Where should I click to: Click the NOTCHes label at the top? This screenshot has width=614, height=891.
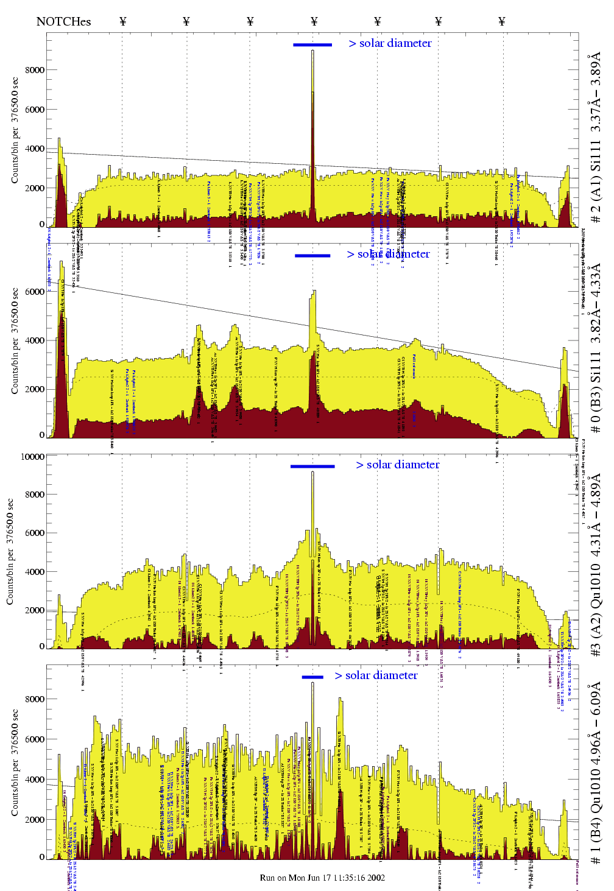pyautogui.click(x=63, y=22)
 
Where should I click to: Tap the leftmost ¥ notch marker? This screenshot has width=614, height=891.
pyautogui.click(x=123, y=22)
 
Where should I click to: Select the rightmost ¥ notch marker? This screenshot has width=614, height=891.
pyautogui.click(x=502, y=22)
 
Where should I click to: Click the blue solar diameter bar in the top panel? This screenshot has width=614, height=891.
pyautogui.click(x=312, y=44)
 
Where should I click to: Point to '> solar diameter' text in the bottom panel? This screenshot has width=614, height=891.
pyautogui.click(x=376, y=675)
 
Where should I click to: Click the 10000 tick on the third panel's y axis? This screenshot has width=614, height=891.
pyautogui.click(x=33, y=457)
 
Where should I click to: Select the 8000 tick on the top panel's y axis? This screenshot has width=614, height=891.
pyautogui.click(x=35, y=70)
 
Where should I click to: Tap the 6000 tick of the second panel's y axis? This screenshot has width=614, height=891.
pyautogui.click(x=35, y=292)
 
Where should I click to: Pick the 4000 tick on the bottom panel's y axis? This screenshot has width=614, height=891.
pyautogui.click(x=35, y=780)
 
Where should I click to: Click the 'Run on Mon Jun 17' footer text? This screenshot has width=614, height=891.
pyautogui.click(x=322, y=878)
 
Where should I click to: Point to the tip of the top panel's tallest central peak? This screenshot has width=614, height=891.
pyautogui.click(x=312, y=51)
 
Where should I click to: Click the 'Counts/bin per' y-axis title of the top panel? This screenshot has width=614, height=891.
pyautogui.click(x=15, y=131)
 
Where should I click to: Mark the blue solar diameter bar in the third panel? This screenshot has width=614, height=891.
pyautogui.click(x=312, y=467)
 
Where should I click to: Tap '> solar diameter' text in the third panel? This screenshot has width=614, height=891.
pyautogui.click(x=398, y=465)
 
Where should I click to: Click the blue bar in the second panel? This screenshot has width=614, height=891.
pyautogui.click(x=312, y=256)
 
